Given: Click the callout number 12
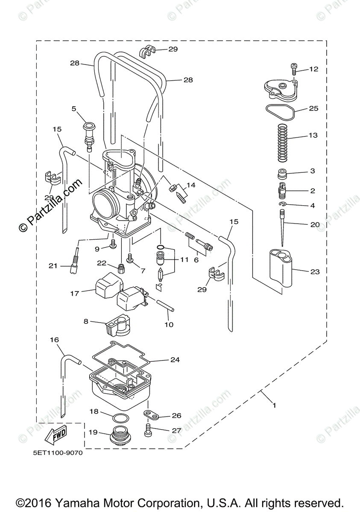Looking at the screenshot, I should pyautogui.click(x=314, y=69).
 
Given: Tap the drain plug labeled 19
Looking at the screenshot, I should pyautogui.click(x=121, y=436).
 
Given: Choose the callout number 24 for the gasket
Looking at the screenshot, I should pyautogui.click(x=175, y=360).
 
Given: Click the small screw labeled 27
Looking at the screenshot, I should pyautogui.click(x=148, y=430).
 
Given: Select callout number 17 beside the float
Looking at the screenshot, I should pyautogui.click(x=75, y=294).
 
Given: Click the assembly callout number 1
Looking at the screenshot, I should pyautogui.click(x=274, y=406).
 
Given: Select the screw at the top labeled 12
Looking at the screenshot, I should pyautogui.click(x=294, y=68).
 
